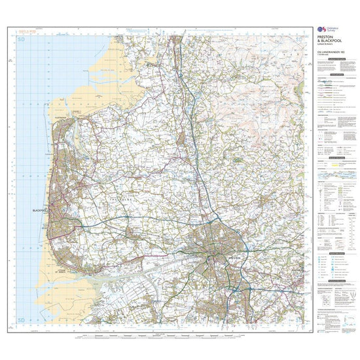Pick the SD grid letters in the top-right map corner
[299, 41]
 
